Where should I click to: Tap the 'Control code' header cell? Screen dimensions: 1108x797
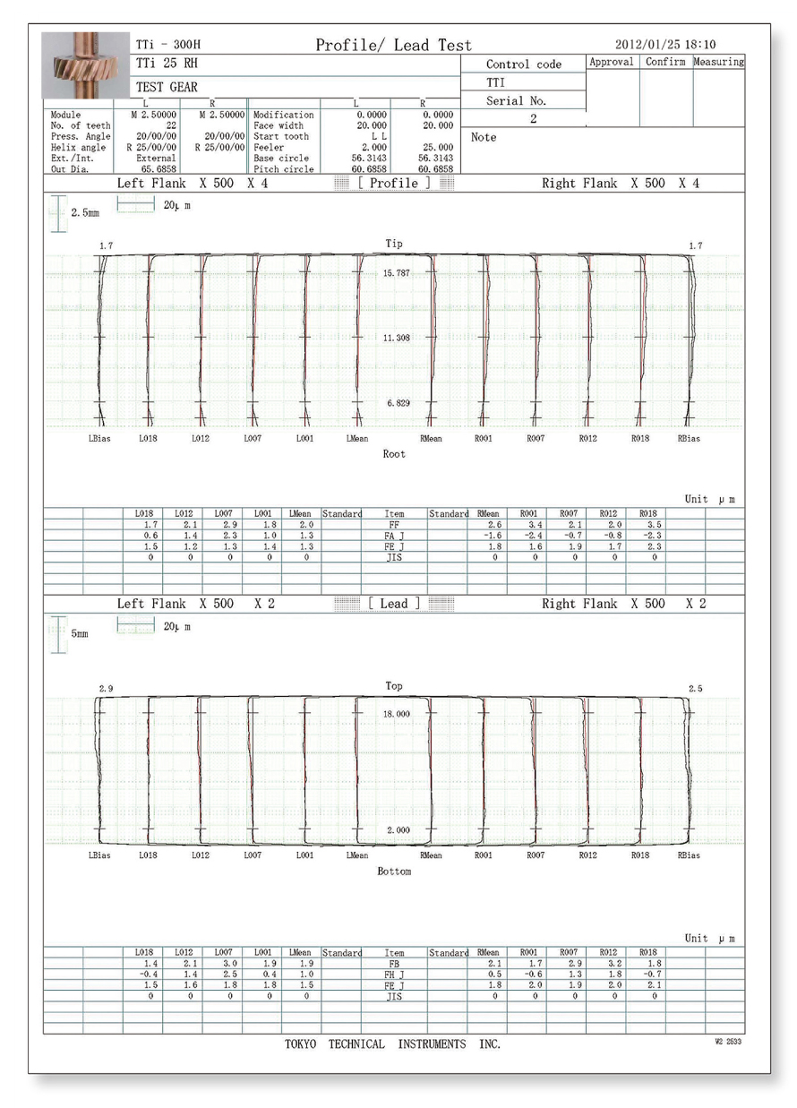tap(523, 64)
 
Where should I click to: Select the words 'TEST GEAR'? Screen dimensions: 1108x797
tap(167, 88)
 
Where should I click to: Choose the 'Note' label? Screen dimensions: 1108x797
tap(483, 137)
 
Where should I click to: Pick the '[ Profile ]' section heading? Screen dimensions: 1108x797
tap(394, 183)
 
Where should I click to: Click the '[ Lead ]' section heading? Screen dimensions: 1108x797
tap(394, 604)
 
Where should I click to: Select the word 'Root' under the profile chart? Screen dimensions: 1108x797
tap(394, 454)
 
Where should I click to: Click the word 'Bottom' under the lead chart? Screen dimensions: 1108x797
tap(394, 872)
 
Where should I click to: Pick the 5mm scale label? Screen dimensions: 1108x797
tap(80, 633)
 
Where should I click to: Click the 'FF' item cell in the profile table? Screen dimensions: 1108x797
tap(394, 526)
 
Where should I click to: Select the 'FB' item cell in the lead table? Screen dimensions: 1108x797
tap(394, 964)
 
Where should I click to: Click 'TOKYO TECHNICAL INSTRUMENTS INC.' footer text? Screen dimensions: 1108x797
tap(393, 1044)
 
